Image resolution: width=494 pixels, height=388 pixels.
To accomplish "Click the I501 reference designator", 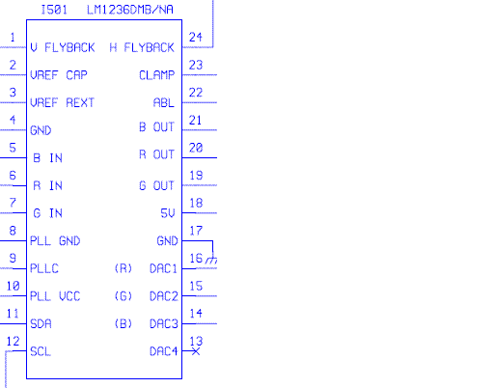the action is [x=54, y=10].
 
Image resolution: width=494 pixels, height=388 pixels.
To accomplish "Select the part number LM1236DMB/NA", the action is [x=130, y=10].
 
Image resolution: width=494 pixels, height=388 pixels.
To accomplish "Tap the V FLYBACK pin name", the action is [x=63, y=47].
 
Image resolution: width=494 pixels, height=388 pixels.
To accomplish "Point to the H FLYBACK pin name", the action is [x=142, y=47].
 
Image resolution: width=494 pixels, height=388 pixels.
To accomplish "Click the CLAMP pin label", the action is [x=157, y=75].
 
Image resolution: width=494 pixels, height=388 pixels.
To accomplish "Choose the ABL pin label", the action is [x=164, y=103].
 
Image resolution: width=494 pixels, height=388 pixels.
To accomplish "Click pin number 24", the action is [x=196, y=38].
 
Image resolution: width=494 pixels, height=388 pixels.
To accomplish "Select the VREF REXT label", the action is [x=62, y=103].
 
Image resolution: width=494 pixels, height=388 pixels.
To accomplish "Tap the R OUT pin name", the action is [x=156, y=154].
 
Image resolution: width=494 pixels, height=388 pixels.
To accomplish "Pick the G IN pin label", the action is [x=47, y=213].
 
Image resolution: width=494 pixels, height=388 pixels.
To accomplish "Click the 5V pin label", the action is [x=168, y=213].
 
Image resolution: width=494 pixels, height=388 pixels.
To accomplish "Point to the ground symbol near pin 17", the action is [x=211, y=260].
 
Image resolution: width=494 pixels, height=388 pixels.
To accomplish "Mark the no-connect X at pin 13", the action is [x=196, y=351].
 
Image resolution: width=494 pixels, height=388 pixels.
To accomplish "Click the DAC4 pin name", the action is [x=164, y=351].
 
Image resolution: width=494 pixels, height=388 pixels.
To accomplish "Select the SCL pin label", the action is [x=41, y=351].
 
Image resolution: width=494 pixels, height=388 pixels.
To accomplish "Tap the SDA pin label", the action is [x=41, y=323].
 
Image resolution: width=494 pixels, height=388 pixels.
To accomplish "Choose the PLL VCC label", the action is [x=55, y=296].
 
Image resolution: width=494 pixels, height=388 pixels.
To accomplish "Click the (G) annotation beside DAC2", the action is [x=123, y=296].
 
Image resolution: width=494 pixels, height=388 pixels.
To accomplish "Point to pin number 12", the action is [x=14, y=342].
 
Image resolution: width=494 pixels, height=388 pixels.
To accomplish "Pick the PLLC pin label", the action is [x=44, y=268].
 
